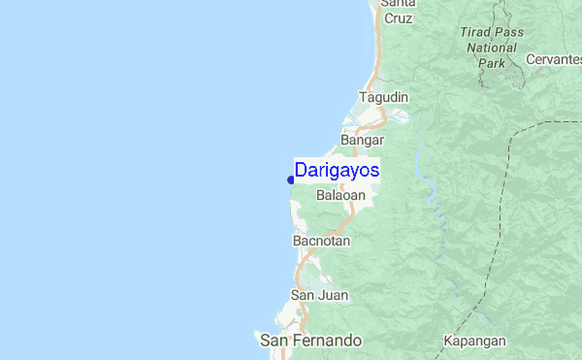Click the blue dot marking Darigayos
click(291, 179)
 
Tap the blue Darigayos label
click(337, 170)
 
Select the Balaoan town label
click(341, 195)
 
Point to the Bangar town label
click(363, 140)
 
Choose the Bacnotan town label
click(321, 240)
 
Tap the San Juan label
click(319, 295)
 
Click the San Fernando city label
click(310, 341)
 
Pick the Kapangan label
click(474, 341)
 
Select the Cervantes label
click(553, 59)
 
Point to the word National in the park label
click(492, 47)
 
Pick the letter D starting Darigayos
click(301, 170)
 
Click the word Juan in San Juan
click(332, 295)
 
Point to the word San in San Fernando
click(273, 341)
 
